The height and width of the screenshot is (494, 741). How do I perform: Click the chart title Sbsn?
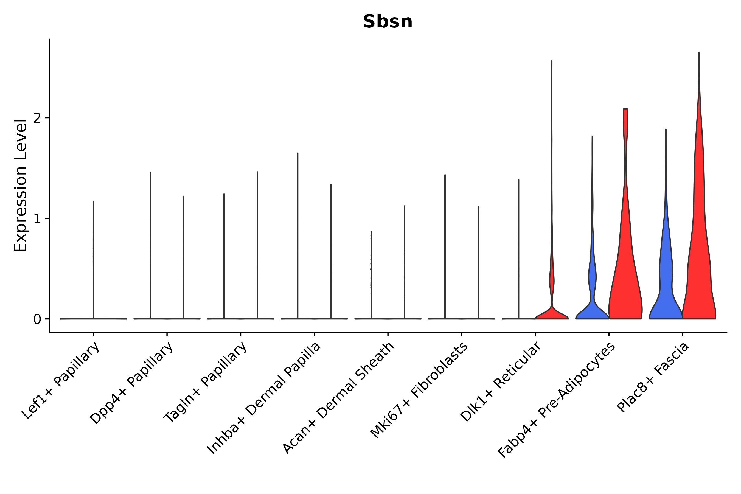[388, 21]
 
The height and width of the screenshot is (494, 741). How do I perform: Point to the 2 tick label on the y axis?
[37, 118]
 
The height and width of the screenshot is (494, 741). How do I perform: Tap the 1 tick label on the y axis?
[37, 219]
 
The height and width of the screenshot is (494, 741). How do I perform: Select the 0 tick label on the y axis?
[37, 319]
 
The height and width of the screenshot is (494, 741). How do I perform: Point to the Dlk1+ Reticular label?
[501, 382]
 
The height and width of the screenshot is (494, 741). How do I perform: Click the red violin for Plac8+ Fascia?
[699, 252]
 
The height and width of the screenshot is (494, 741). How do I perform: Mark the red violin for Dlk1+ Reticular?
[552, 312]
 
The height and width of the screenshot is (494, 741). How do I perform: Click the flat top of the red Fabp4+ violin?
[625, 109]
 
